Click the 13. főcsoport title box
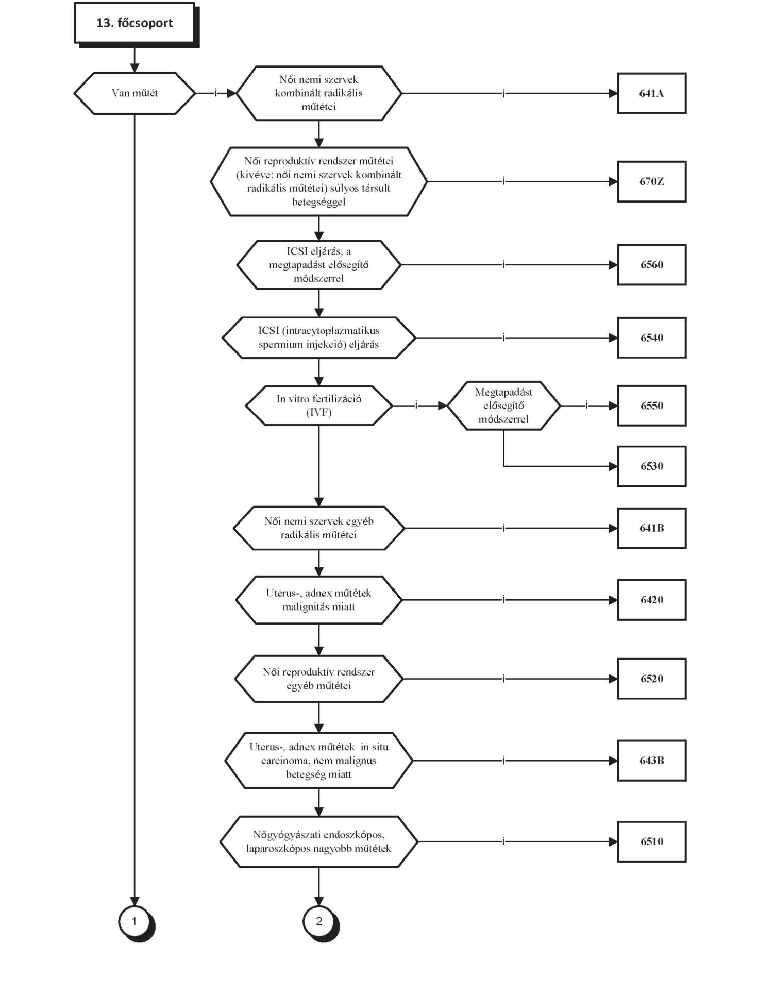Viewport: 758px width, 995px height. pos(135,24)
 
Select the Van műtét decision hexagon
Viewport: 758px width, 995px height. pos(134,93)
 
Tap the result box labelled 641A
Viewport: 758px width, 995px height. pos(652,93)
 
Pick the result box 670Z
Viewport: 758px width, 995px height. pos(652,181)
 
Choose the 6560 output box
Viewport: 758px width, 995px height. pos(652,265)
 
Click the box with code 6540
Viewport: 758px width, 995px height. pos(652,338)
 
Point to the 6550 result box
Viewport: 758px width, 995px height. pos(652,406)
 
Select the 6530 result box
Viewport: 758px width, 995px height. pos(652,466)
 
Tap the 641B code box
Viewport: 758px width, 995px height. pos(652,528)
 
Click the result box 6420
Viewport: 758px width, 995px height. pos(652,600)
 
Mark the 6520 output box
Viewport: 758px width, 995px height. pos(652,679)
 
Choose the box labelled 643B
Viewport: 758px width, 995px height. pos(652,761)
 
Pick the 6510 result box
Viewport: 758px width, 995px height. pos(652,841)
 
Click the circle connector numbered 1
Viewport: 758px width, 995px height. pos(136,922)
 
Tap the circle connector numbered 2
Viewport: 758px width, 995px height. pos(320,922)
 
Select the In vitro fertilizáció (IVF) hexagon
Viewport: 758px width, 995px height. pos(319,406)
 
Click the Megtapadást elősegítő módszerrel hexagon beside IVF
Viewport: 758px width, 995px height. pos(503,406)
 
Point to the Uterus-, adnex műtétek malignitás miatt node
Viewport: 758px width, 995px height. pos(319,600)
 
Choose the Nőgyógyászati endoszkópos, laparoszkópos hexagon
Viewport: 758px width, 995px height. pos(319,841)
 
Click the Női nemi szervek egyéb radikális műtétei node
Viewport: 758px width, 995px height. pos(319,528)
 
